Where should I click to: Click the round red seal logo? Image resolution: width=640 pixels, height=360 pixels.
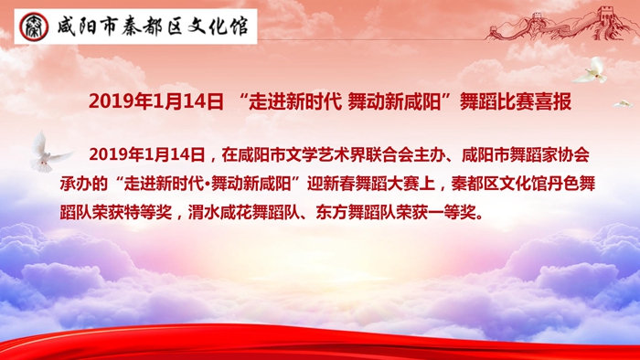pos(34,26)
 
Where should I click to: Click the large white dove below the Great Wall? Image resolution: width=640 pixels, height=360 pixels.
pos(592,70)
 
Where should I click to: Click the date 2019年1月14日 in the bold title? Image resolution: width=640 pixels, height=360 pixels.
pos(156,101)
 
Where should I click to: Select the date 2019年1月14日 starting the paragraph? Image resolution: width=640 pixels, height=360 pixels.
pos(147,155)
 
